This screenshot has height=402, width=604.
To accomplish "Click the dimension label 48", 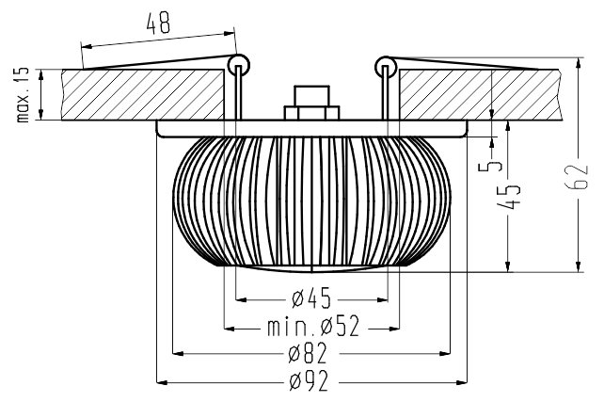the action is coord(158,23).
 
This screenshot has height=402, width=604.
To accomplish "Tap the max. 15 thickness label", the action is coord(23,95).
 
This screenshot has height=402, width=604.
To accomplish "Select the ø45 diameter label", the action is coord(311,298).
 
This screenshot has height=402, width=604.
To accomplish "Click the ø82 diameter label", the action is coord(308,353).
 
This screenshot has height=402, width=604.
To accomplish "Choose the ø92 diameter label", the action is coord(309,380).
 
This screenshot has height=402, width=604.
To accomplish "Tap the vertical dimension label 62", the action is coord(578,177).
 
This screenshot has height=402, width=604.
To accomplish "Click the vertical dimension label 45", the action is coord(509,197).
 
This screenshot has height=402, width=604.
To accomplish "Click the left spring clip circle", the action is coord(239,65).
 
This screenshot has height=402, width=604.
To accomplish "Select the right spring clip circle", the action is coord(386,67).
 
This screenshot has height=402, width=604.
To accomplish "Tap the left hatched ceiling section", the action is coord(143,94).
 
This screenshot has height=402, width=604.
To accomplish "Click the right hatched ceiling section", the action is coord(480,95).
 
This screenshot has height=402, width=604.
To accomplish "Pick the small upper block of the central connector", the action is coord(311,96).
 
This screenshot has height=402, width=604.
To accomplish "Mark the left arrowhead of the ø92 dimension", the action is coord(162,382).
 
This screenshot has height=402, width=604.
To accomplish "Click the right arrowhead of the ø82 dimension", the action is coord(444,353).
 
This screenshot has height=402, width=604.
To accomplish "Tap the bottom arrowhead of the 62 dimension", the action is coord(578,265).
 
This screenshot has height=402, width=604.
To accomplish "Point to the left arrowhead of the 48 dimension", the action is coord(87,46).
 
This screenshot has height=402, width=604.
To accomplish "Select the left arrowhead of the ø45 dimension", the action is coord(241,299).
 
